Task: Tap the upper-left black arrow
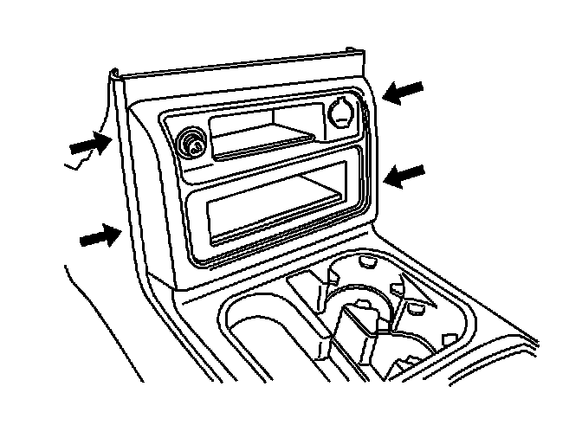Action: coord(91,147)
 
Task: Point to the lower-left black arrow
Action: coord(99,235)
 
